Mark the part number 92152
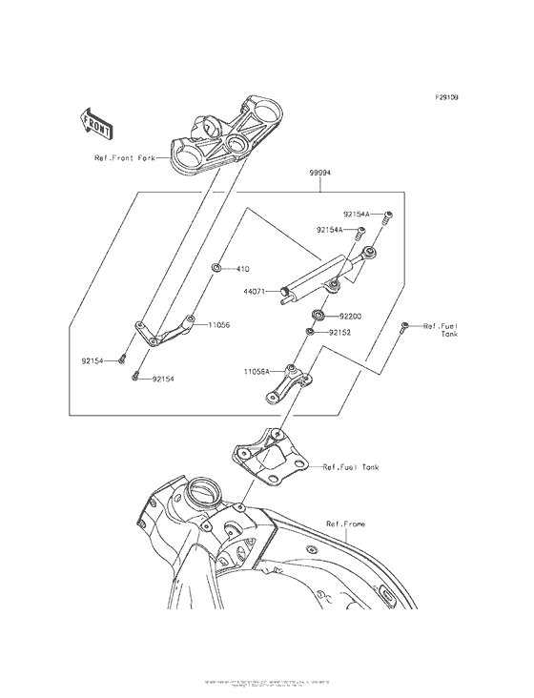click(340, 334)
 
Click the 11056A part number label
click(255, 370)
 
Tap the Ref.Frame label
click(345, 524)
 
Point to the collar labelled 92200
click(318, 314)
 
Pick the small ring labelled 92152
click(310, 333)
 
